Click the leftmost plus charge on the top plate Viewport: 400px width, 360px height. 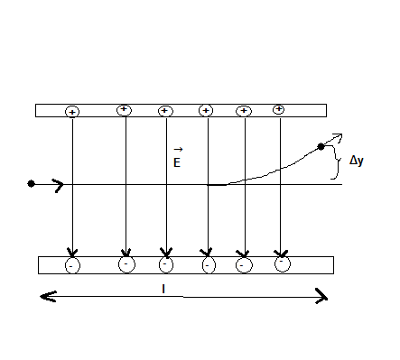coord(72,112)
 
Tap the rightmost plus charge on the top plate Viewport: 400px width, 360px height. coord(279,109)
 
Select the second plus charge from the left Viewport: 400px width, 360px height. coord(125,110)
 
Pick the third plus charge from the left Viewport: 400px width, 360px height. coord(165,111)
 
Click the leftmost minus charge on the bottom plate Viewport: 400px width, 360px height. coord(72,265)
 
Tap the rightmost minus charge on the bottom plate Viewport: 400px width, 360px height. coord(283,264)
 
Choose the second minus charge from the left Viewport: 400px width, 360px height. coord(126,265)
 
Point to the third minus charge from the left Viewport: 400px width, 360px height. coord(166,265)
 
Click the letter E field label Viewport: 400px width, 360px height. coord(178,162)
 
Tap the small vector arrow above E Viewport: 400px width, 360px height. coord(178,149)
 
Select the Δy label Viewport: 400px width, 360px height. coord(356,160)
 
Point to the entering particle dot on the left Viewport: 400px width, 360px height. coord(32,184)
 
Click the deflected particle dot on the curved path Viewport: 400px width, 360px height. coord(321,146)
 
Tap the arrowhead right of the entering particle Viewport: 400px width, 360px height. coord(59,185)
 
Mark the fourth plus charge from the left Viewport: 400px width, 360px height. coord(206,111)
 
